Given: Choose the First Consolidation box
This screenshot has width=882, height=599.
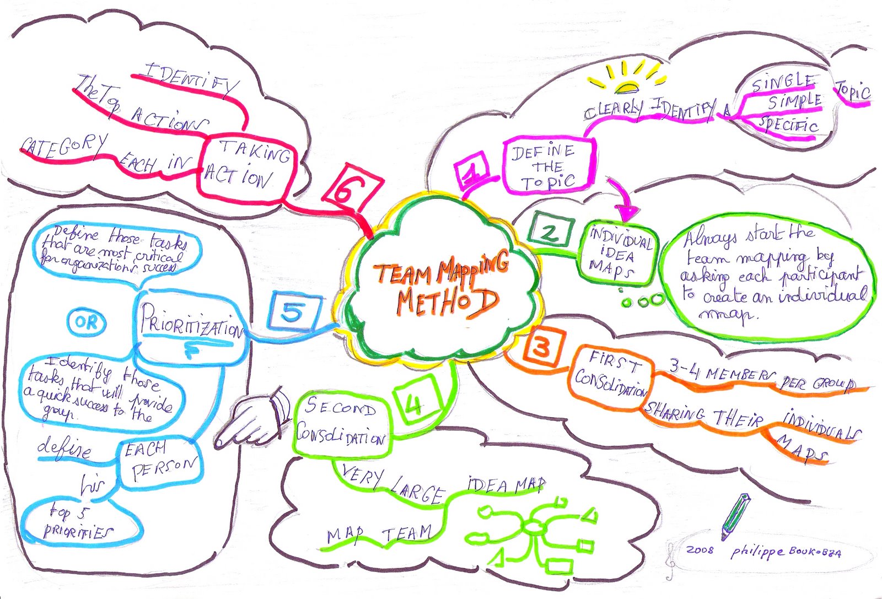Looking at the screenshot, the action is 610,376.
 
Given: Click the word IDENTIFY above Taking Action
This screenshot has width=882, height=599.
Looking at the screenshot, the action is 191,80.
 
